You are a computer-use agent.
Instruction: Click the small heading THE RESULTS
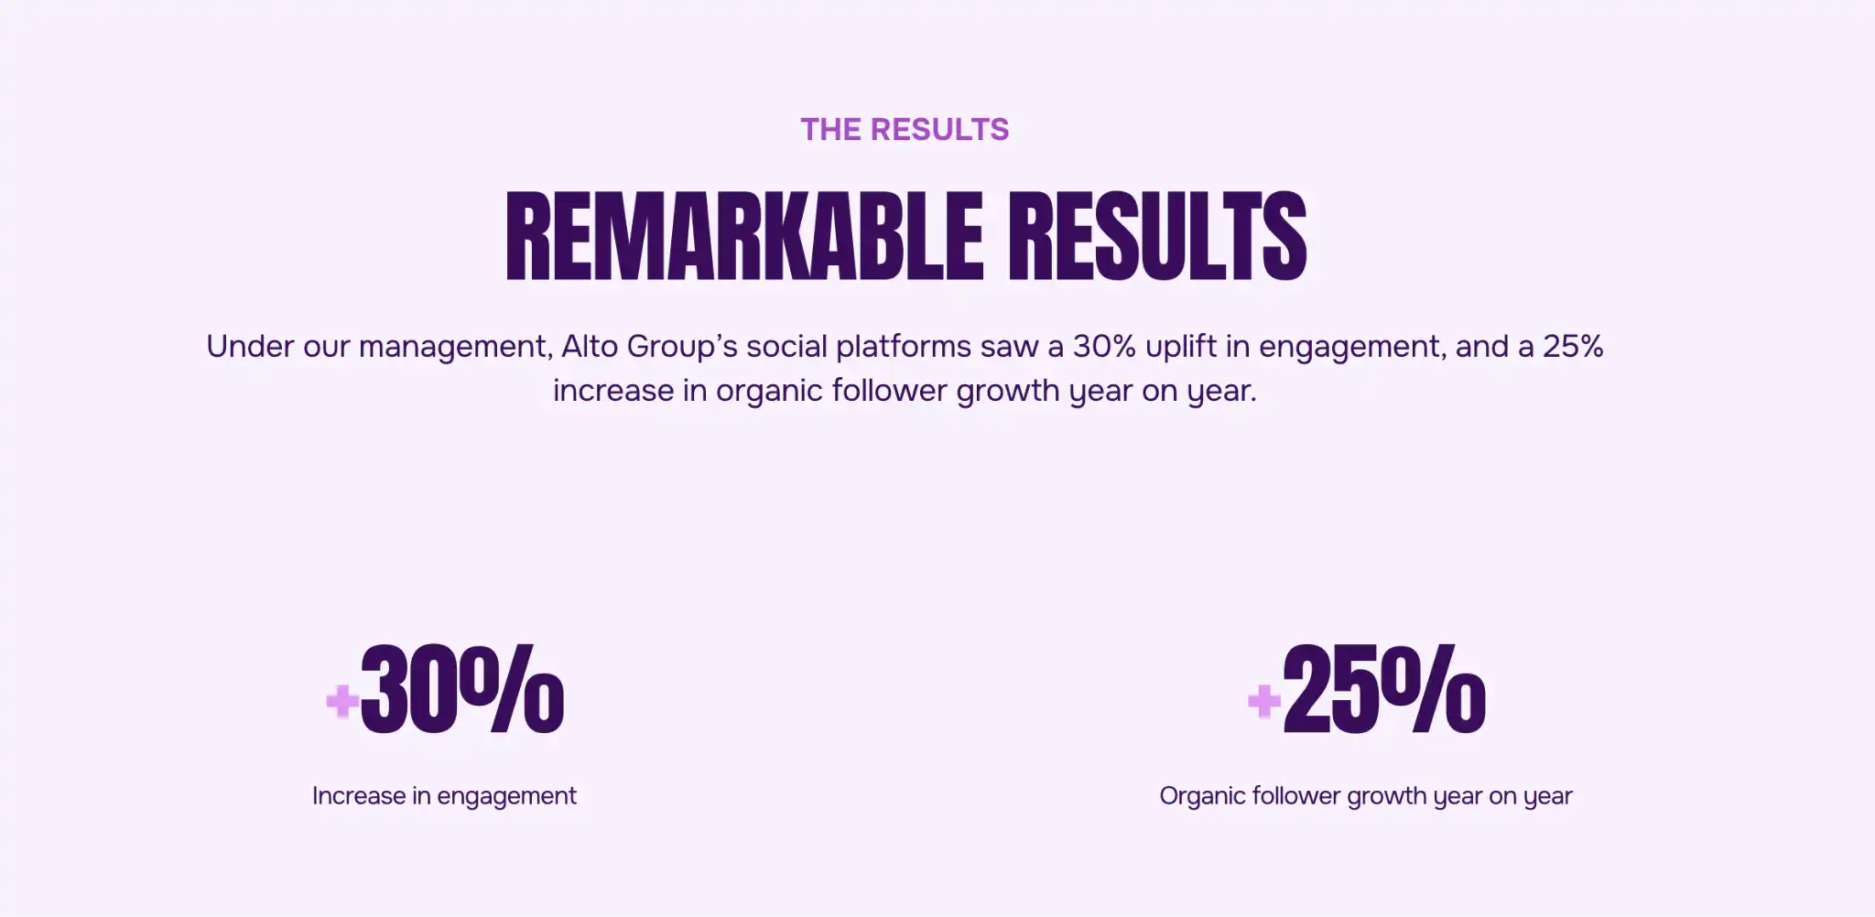tap(905, 130)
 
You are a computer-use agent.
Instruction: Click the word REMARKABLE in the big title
tap(743, 236)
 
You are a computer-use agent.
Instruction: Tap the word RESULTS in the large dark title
tap(1157, 236)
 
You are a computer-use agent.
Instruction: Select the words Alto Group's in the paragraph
tap(648, 347)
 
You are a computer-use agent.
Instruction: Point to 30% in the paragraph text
tap(1104, 347)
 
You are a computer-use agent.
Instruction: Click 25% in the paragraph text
tap(1573, 347)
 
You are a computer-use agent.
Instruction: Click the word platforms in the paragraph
tap(903, 347)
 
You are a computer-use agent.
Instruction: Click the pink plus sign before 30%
tap(342, 701)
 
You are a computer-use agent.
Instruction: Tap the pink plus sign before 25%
tap(1264, 701)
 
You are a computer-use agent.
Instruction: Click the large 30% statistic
tap(462, 690)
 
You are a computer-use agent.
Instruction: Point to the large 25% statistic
tap(1383, 690)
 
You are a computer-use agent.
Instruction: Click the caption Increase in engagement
tap(444, 796)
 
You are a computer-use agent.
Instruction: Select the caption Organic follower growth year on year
tap(1365, 796)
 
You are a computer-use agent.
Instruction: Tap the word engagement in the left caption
tap(506, 796)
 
